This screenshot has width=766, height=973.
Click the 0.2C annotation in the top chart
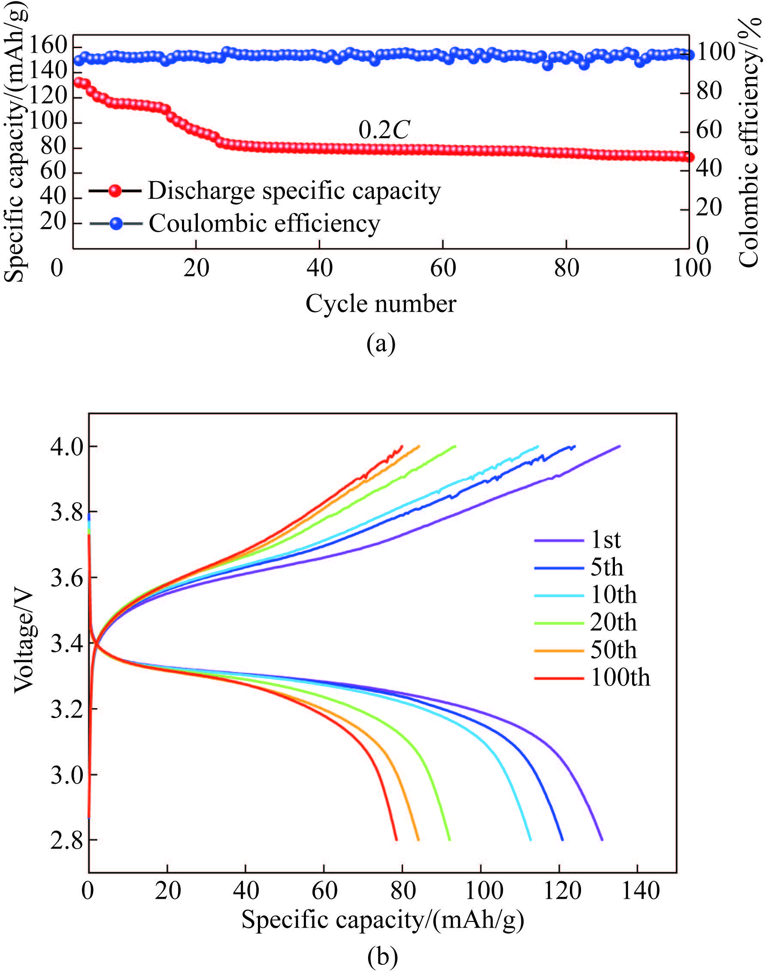point(384,130)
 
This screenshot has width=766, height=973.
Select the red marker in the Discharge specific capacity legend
point(115,191)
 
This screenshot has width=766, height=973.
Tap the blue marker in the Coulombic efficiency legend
point(116,224)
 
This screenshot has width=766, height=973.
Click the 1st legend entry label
point(606,540)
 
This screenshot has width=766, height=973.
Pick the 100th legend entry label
point(620,677)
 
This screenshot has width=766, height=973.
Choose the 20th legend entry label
point(613,622)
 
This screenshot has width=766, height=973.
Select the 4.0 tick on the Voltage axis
point(67,447)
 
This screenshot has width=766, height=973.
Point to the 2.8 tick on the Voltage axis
point(67,840)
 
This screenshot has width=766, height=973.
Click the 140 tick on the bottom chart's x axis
point(640,890)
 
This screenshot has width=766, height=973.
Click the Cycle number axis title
point(381,304)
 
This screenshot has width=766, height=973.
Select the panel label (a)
point(381,344)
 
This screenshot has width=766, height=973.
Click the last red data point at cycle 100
point(689,158)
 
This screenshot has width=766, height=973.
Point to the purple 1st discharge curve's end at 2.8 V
point(601,840)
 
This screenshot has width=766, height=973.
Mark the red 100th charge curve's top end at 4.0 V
point(402,446)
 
